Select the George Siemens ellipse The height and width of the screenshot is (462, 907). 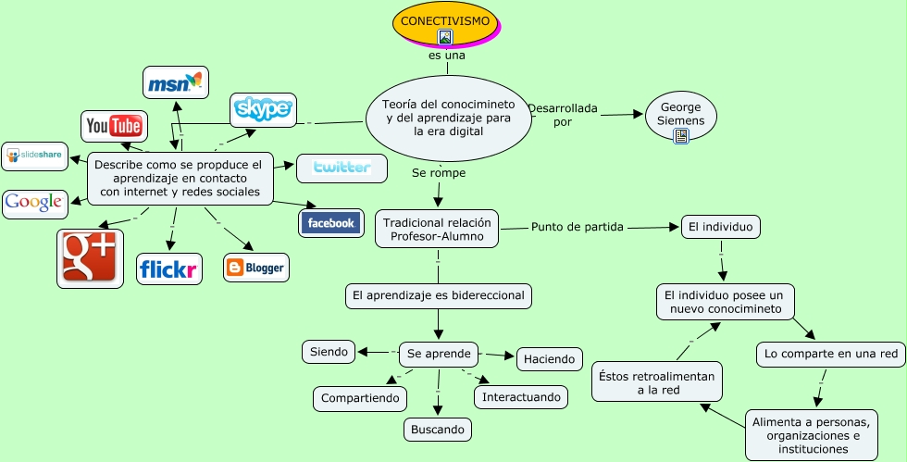click(x=680, y=114)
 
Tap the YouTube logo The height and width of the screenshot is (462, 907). click(x=114, y=126)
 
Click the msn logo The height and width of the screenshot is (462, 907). click(x=175, y=82)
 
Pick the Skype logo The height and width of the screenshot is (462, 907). click(x=263, y=110)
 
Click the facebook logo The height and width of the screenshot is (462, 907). click(x=331, y=222)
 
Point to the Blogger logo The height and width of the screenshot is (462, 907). click(x=255, y=268)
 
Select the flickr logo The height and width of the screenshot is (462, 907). click(x=168, y=269)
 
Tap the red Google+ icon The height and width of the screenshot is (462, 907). click(x=90, y=258)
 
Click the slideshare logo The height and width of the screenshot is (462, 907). click(x=35, y=156)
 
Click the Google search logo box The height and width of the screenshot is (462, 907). click(x=34, y=203)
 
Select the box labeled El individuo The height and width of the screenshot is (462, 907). click(x=721, y=226)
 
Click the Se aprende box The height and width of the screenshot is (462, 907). click(x=439, y=354)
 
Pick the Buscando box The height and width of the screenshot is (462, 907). click(x=438, y=430)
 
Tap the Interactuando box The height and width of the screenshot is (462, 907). click(x=520, y=396)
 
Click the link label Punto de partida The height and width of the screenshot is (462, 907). click(x=577, y=226)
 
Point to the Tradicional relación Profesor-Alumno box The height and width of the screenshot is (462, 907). click(x=437, y=230)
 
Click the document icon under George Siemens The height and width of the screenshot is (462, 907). click(x=681, y=137)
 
